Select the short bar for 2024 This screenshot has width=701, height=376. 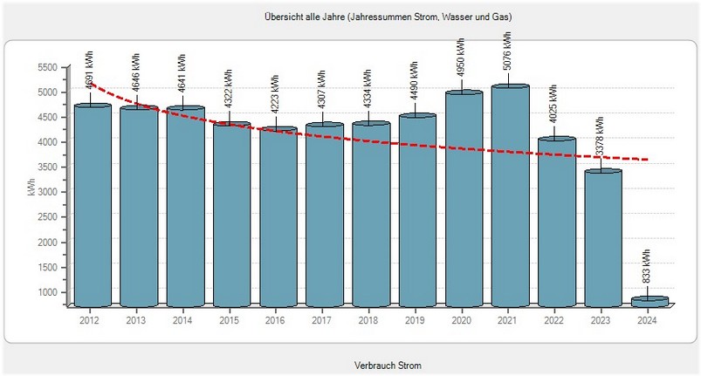point(649,302)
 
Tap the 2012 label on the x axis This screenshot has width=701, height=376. point(89,320)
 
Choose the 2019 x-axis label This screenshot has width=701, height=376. point(413,320)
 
